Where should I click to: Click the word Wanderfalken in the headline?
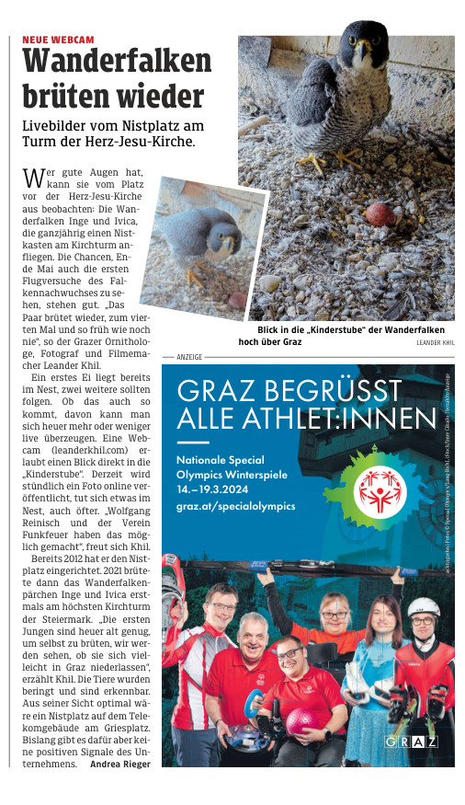(117, 62)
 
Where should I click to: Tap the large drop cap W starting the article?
(32, 177)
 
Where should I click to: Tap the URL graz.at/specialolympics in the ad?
(236, 505)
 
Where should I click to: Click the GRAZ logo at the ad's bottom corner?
(411, 742)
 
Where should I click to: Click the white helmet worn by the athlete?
(424, 606)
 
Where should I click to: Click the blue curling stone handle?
(249, 709)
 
